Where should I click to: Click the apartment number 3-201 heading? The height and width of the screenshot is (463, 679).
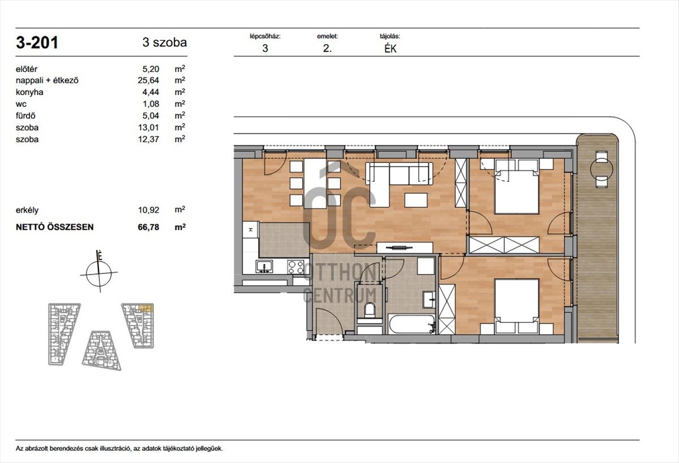(37, 42)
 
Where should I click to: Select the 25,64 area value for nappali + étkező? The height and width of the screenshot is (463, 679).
(148, 80)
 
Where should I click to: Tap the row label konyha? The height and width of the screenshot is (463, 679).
(29, 92)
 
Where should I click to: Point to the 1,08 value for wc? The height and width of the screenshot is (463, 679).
(151, 104)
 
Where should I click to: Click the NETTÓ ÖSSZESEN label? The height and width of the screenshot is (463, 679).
(54, 227)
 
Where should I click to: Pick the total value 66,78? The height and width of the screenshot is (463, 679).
(148, 227)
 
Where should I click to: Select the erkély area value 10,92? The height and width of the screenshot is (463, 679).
(148, 210)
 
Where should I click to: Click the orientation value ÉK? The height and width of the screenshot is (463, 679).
(390, 49)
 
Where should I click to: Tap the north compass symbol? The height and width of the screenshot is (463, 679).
(99, 272)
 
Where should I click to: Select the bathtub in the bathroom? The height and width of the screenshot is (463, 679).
(412, 324)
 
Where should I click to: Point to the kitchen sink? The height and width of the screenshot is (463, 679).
(264, 266)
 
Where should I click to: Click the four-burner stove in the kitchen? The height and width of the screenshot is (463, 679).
(296, 267)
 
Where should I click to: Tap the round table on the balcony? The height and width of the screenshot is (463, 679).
(601, 169)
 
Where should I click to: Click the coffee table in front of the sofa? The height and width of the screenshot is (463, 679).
(416, 200)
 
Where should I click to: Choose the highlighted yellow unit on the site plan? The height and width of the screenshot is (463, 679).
(145, 308)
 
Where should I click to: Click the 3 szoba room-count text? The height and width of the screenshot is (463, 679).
(165, 42)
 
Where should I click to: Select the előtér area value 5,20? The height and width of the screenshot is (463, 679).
(151, 69)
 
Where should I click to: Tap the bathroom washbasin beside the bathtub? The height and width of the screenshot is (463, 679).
(429, 299)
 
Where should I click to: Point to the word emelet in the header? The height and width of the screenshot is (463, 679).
(328, 36)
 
